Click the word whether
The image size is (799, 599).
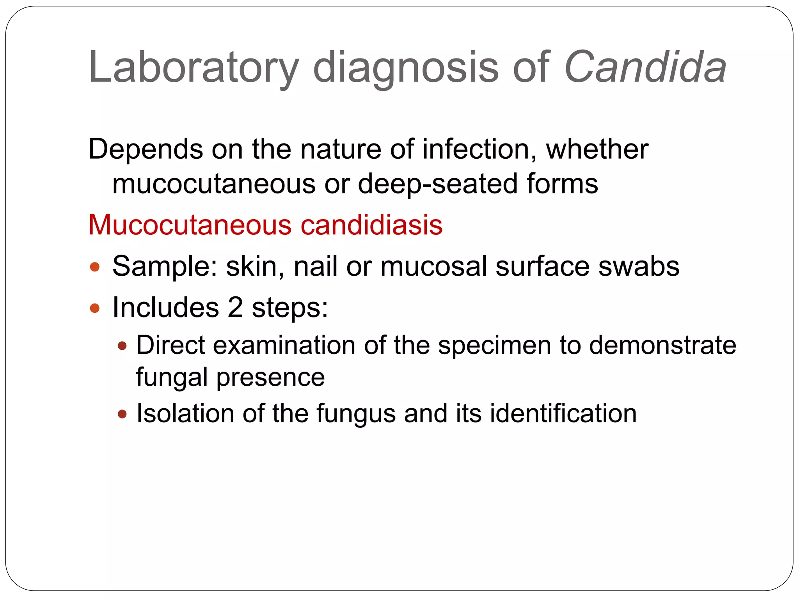tap(597, 150)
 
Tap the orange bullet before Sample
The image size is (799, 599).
tap(95, 268)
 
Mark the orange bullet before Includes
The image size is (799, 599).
tap(95, 309)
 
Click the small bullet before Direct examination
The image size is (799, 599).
tap(123, 346)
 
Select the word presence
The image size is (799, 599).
tap(270, 377)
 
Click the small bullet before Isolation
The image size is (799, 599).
tap(123, 414)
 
